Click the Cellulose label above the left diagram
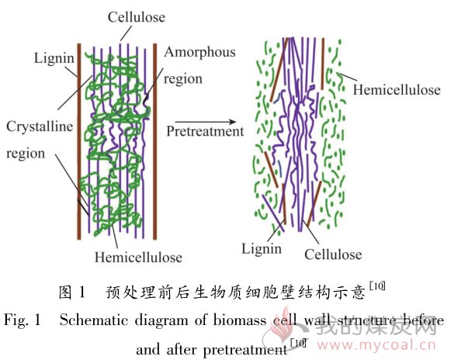[x=137, y=17]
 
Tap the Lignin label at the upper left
[x=54, y=58]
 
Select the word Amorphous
[x=200, y=53]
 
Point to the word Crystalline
[x=40, y=126]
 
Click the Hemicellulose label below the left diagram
[x=138, y=257]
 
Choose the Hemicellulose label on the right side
[x=397, y=90]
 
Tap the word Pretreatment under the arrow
[x=205, y=132]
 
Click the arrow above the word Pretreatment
[x=206, y=122]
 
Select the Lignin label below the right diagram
[x=262, y=249]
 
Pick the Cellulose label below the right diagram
[x=333, y=254]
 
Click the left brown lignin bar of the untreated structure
[x=79, y=141]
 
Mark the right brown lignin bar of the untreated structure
[x=155, y=141]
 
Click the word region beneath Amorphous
[x=183, y=79]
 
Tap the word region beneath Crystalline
[x=26, y=154]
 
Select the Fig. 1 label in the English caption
[x=23, y=320]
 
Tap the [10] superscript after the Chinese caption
[x=376, y=286]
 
